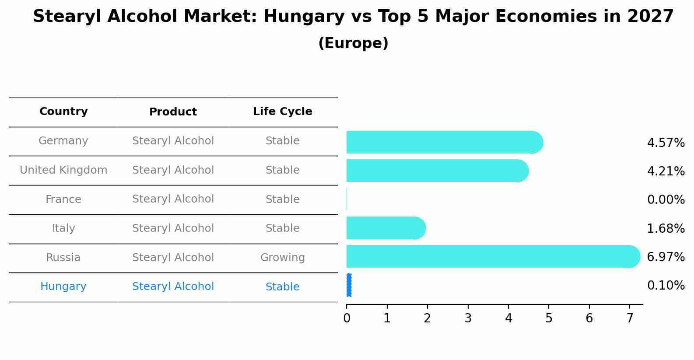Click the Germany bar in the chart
pos(442,142)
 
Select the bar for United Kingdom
pos(435,171)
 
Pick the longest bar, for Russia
pos(490,256)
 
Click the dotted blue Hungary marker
pos(349,285)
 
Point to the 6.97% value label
pos(666,257)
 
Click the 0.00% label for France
pos(666,200)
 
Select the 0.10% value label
pos(666,286)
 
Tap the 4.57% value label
pos(666,143)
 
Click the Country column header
pos(63,112)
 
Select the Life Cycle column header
pos(282,112)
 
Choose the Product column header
pos(173,112)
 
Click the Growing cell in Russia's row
pos(282,258)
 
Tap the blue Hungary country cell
pos(63,287)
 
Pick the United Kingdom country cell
pos(63,170)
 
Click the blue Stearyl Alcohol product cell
pos(173,287)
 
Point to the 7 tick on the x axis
pos(630,318)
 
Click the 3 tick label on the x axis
pos(468,318)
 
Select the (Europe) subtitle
pos(353,43)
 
